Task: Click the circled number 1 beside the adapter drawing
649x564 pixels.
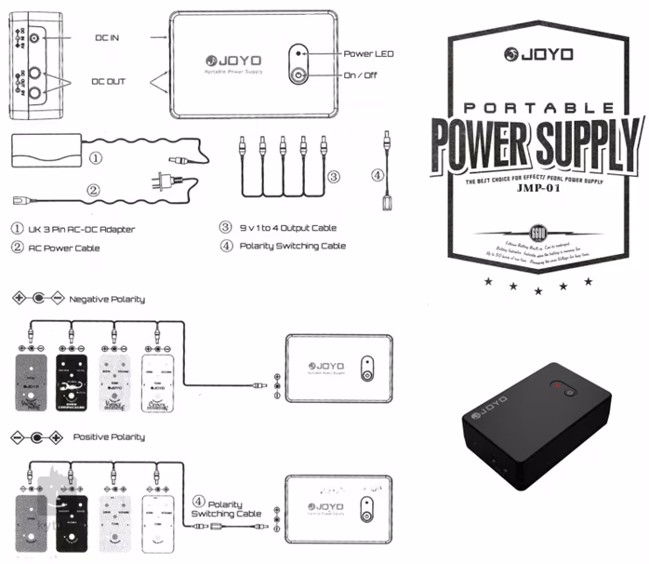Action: (x=96, y=157)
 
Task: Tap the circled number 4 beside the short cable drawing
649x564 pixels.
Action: (x=377, y=174)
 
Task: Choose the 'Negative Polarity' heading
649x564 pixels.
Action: (x=107, y=299)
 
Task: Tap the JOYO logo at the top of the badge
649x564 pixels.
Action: (x=540, y=54)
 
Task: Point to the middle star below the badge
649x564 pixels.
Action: (x=538, y=290)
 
